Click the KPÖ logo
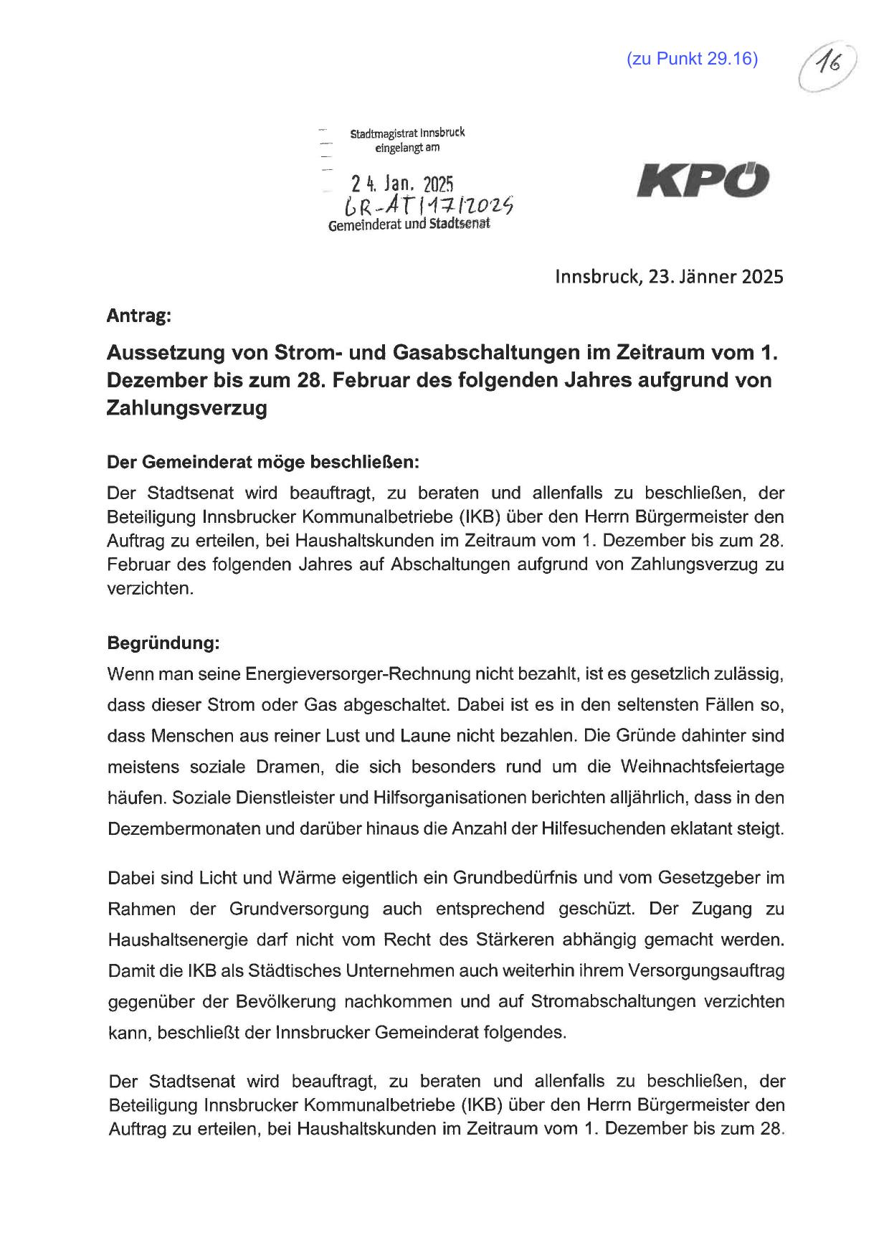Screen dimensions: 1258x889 (x=703, y=180)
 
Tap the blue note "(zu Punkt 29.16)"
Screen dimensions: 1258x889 (x=692, y=59)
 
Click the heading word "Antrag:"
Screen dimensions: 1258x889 (x=139, y=315)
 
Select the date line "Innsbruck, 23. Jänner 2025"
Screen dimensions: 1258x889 (x=669, y=277)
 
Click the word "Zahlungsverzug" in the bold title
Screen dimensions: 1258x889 (x=186, y=408)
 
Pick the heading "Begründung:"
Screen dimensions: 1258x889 (x=163, y=643)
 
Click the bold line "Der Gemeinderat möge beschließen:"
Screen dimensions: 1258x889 (x=262, y=463)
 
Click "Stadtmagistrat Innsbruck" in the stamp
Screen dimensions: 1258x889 (x=407, y=133)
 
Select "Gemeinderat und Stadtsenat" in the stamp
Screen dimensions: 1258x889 (x=409, y=225)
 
